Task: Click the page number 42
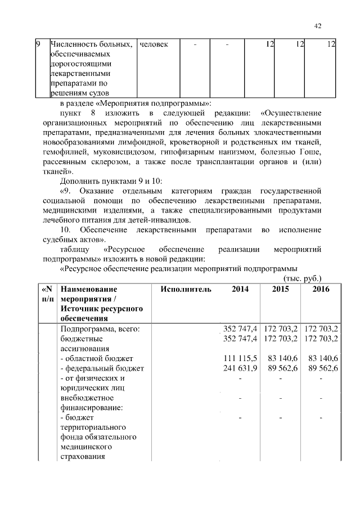point(317,25)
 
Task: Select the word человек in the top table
point(153,44)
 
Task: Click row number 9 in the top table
point(38,44)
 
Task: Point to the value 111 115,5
point(240,358)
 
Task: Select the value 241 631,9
point(240,368)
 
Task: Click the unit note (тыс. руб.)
point(300,278)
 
